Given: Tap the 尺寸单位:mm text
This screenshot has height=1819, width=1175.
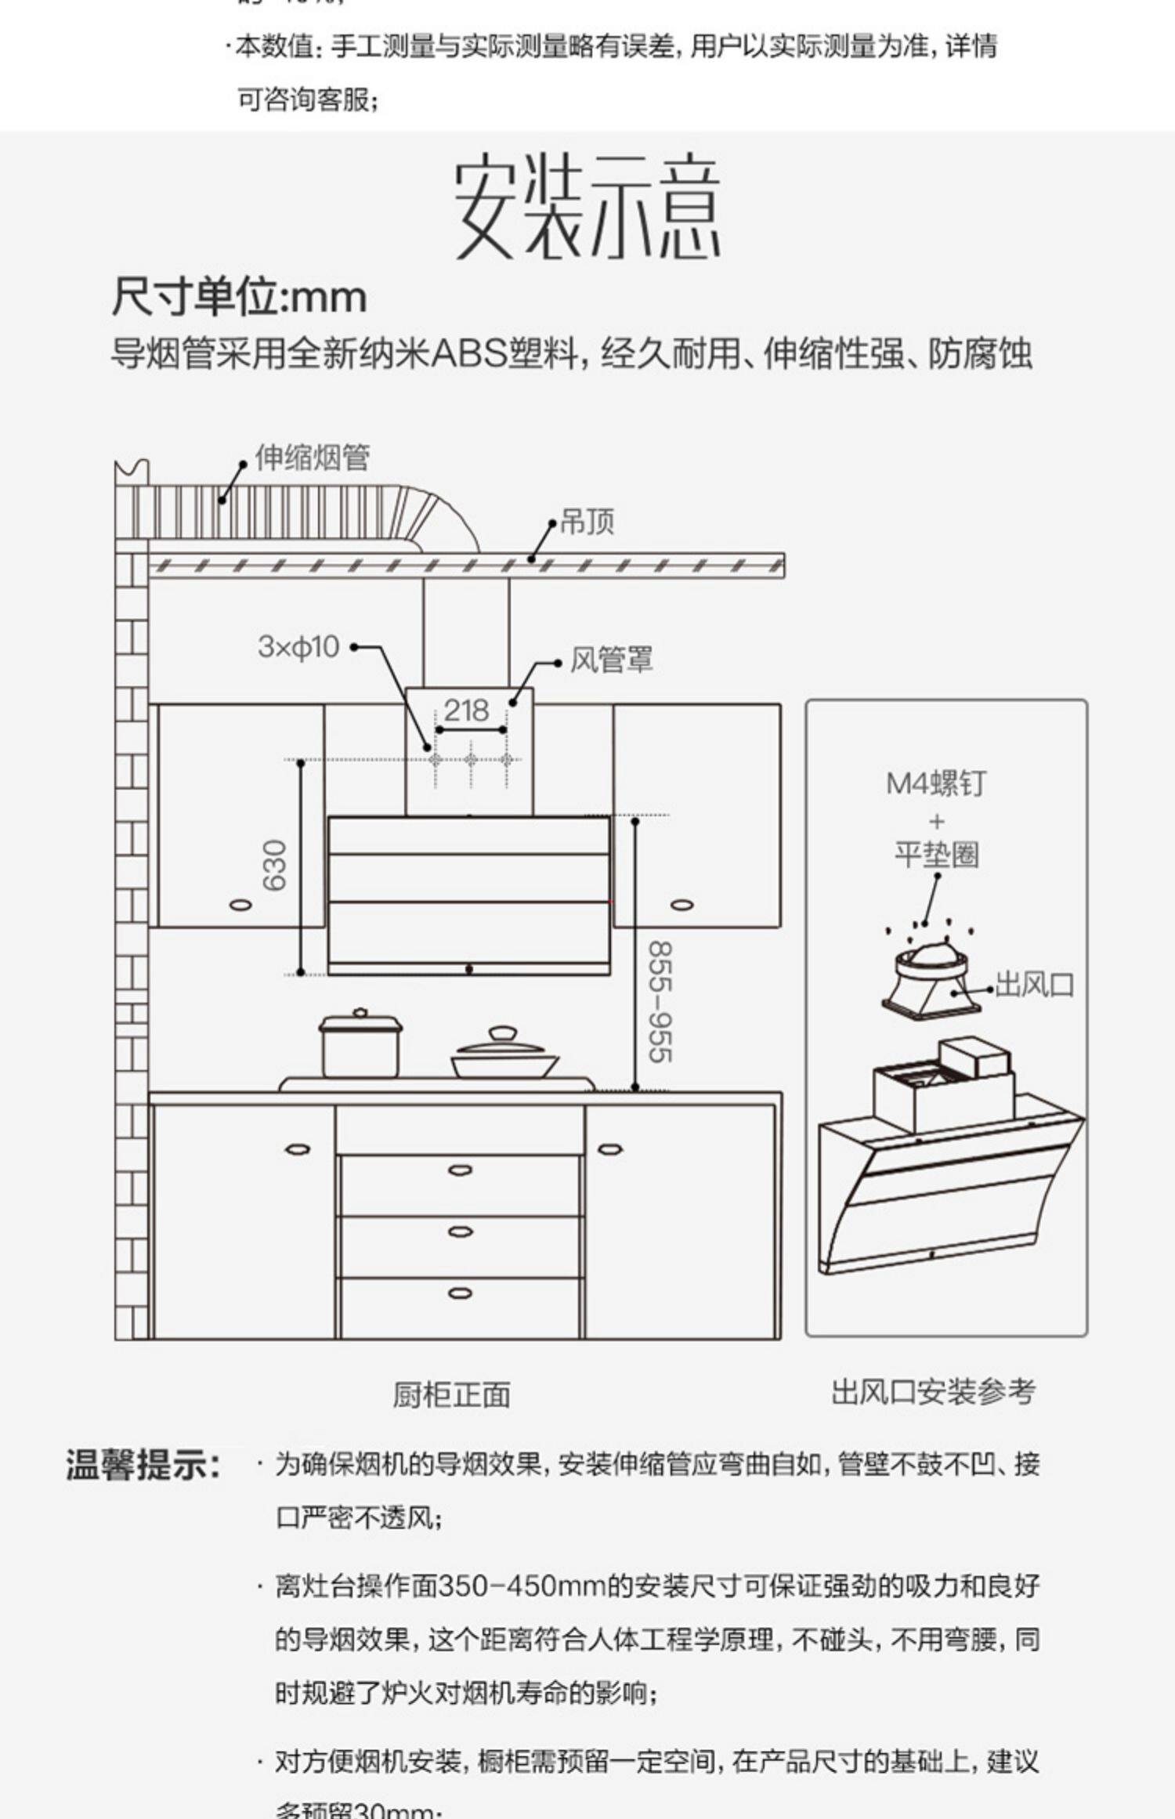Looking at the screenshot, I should [x=239, y=298].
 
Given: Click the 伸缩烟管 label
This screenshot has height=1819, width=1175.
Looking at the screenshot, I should [x=312, y=457].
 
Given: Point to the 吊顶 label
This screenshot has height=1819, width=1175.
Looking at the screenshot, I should [x=587, y=522].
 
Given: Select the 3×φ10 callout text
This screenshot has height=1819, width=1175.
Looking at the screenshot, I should [x=298, y=647].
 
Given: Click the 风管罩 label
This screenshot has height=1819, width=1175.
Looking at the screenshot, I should [x=611, y=660].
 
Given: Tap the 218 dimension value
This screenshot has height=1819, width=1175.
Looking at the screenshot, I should [x=466, y=711].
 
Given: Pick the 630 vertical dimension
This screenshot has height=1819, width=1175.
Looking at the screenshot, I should [x=275, y=866].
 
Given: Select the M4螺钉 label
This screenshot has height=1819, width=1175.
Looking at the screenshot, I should [x=936, y=783].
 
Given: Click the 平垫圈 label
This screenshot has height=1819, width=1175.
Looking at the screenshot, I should [x=937, y=854].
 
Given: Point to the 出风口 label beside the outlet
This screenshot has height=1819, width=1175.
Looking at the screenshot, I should [x=1034, y=985].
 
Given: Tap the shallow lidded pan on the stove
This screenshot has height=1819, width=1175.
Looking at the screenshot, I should [x=504, y=1055].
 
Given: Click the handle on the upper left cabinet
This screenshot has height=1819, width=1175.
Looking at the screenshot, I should [x=240, y=905].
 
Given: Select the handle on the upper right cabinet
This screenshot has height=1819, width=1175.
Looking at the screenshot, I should [x=681, y=905].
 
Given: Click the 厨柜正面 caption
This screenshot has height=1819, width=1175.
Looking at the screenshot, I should [x=452, y=1395].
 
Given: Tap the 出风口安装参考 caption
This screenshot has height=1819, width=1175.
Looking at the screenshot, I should [x=934, y=1392].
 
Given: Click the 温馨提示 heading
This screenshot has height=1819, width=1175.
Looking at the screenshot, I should [x=143, y=1464].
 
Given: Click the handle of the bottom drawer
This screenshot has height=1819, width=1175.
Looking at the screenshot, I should [x=460, y=1293].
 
